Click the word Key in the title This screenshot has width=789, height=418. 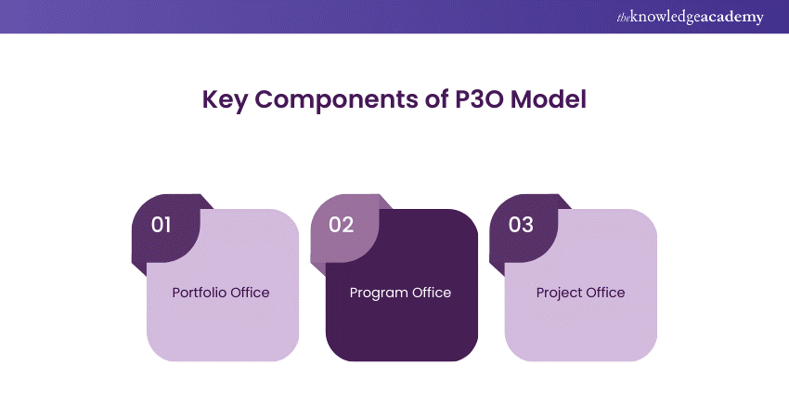click(225, 99)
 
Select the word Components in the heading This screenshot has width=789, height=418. click(337, 100)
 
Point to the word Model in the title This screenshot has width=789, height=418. click(549, 98)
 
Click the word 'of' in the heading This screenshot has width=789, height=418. click(437, 98)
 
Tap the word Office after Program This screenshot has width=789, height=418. click(432, 293)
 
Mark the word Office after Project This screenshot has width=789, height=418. click(605, 293)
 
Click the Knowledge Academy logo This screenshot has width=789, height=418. click(691, 17)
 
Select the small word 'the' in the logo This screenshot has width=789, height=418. click(624, 18)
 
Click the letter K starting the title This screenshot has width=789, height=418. click(211, 98)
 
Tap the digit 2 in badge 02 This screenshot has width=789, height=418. click(348, 225)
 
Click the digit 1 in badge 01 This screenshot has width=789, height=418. click(167, 225)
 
